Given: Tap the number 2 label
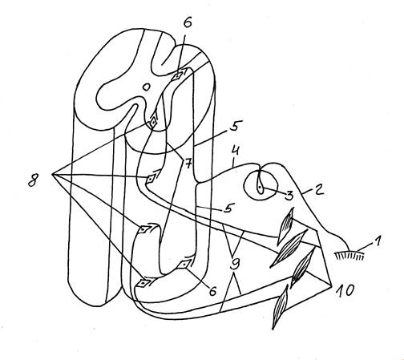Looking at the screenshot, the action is click(317, 189).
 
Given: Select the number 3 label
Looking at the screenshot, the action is click(289, 196).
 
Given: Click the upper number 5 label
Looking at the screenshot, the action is click(234, 126).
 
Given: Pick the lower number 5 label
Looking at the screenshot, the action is click(228, 208).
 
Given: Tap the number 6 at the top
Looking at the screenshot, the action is click(188, 22).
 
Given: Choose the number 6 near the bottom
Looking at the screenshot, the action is click(212, 290).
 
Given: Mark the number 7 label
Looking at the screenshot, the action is click(188, 164).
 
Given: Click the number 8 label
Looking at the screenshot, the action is click(33, 180).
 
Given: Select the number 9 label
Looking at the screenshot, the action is click(235, 264).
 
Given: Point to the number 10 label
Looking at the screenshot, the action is click(345, 290).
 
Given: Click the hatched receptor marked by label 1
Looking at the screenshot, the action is click(349, 255).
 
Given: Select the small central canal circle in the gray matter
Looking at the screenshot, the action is click(146, 87).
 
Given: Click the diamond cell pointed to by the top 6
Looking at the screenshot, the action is click(178, 75).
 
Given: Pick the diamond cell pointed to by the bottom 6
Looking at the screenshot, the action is click(184, 265).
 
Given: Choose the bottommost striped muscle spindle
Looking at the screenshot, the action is click(280, 307).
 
